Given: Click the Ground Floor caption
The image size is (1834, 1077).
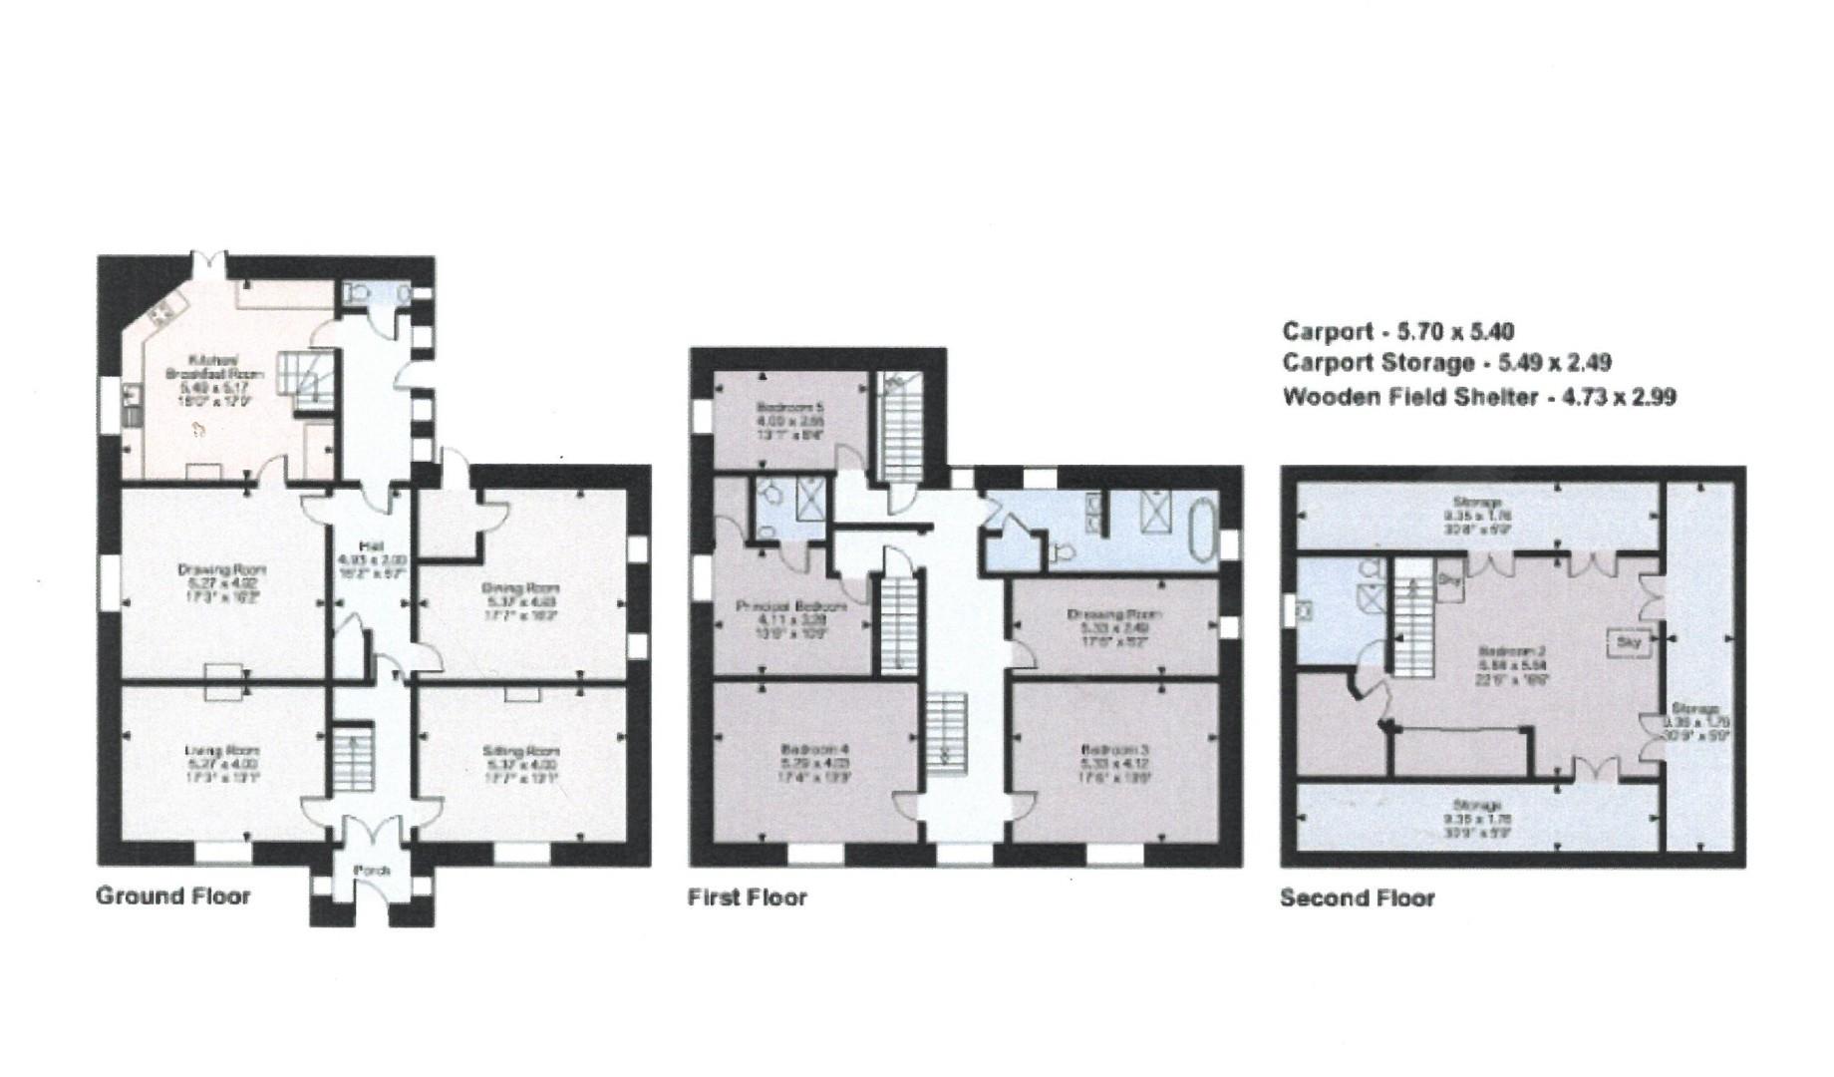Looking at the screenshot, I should click(x=172, y=896).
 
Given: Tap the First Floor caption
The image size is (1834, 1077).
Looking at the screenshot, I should click(x=747, y=897).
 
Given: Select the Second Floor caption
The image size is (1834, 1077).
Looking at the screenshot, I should click(x=1357, y=898).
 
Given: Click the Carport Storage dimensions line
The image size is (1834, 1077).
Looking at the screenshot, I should click(x=1446, y=363).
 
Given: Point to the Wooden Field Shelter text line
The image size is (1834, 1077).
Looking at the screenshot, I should click(x=1478, y=397).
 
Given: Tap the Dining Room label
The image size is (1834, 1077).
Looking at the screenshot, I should click(x=522, y=588).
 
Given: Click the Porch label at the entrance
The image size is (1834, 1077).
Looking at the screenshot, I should click(x=371, y=871).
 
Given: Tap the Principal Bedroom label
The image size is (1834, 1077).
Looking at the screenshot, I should click(x=791, y=605).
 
